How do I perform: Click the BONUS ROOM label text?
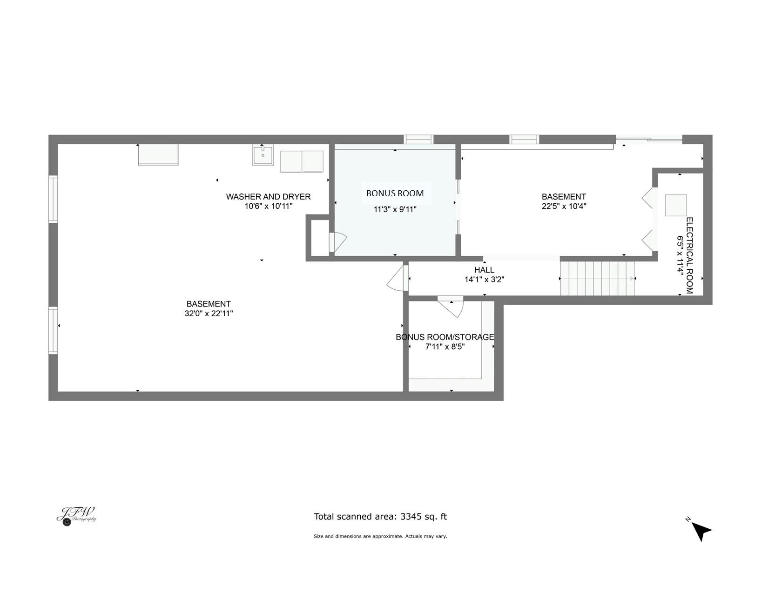395,193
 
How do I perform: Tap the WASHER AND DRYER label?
268,197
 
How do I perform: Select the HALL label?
484,270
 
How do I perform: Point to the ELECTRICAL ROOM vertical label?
689,255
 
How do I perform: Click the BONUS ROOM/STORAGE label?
445,337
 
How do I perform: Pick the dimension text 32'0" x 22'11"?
209,313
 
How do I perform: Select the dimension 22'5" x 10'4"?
564,206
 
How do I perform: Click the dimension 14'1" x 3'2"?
484,280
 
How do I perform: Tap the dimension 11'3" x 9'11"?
395,209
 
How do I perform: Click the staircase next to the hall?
597,278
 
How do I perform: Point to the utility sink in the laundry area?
263,154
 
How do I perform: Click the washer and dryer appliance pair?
302,161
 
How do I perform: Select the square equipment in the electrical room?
676,205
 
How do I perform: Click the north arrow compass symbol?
701,532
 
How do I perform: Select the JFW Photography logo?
76,516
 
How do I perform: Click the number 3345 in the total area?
411,517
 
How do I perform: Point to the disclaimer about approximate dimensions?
380,536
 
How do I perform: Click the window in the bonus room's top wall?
418,140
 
